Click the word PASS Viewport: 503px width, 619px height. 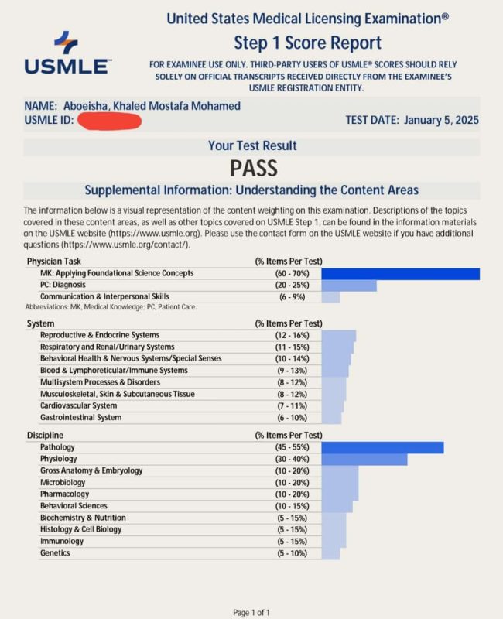tap(253, 167)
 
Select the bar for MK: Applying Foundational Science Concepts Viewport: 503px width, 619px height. tap(400, 273)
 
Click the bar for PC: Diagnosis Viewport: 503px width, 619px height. tap(348, 286)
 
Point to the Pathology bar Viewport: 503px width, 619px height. tap(382, 447)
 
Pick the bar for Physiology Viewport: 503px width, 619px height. tap(364, 460)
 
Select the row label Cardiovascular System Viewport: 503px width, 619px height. tap(78, 406)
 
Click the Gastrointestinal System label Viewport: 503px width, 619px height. tap(80, 418)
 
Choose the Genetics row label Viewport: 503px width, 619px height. tap(55, 553)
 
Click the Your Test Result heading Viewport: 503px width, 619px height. tap(252, 145)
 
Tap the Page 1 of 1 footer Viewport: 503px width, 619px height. tap(251, 613)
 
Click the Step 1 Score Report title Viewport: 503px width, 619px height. tap(307, 43)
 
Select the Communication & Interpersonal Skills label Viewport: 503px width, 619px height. tap(104, 297)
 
